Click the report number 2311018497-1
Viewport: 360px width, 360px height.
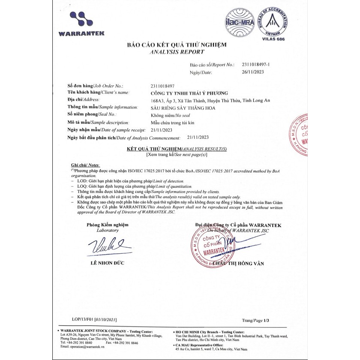click(x=257, y=64)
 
